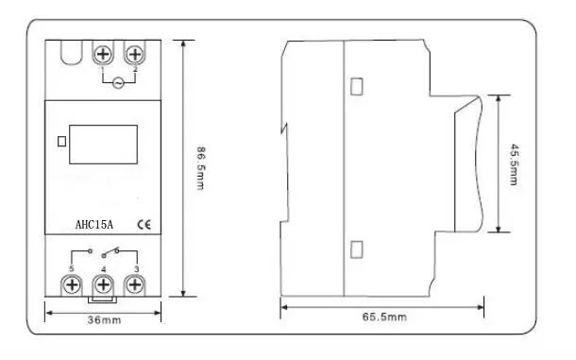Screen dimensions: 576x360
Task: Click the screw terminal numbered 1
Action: [103, 55]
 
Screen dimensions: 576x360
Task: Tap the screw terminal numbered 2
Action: [135, 55]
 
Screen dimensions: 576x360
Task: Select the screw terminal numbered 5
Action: [72, 285]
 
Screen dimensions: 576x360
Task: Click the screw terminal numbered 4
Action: [104, 285]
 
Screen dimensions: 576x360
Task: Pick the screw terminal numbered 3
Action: [135, 285]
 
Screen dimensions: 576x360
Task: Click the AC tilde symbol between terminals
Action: [118, 83]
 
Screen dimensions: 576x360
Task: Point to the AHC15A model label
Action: [94, 225]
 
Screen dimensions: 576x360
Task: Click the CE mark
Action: [144, 224]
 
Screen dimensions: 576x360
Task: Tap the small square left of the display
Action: [62, 142]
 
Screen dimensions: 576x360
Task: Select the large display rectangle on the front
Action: [104, 145]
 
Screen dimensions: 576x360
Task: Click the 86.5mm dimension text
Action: [201, 168]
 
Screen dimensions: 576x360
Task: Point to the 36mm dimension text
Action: [104, 320]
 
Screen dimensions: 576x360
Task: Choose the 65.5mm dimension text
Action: [384, 317]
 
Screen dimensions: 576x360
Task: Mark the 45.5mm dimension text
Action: [515, 164]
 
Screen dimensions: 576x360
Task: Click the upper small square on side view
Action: [357, 86]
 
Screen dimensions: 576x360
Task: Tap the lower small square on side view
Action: [357, 249]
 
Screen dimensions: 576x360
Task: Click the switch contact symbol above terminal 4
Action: [110, 252]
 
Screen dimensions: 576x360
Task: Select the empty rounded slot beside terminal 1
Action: [72, 53]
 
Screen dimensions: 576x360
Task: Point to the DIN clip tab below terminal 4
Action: [103, 300]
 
